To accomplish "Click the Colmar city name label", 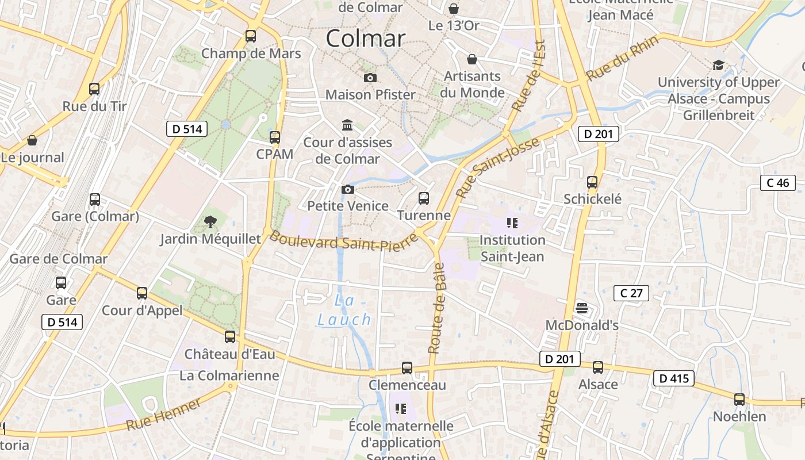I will tap(366, 39).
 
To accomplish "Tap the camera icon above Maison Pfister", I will tap(370, 78).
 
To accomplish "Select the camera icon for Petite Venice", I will tap(347, 189).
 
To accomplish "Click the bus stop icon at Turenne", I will tap(424, 198).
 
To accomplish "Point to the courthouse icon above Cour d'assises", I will tap(347, 125).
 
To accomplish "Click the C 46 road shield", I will tap(778, 183).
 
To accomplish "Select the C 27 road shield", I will tap(631, 293).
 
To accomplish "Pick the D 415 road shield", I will tap(674, 379).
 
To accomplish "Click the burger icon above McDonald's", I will tap(582, 308).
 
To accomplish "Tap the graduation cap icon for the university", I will tap(718, 65).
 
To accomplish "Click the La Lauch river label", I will tap(344, 310).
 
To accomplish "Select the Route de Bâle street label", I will tap(436, 308).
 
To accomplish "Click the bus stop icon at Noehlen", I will tap(739, 399).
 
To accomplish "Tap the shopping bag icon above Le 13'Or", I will tap(454, 9).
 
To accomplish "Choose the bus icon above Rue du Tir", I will tap(94, 89).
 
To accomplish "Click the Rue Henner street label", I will tap(164, 415).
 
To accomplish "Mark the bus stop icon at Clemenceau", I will tap(407, 367).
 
